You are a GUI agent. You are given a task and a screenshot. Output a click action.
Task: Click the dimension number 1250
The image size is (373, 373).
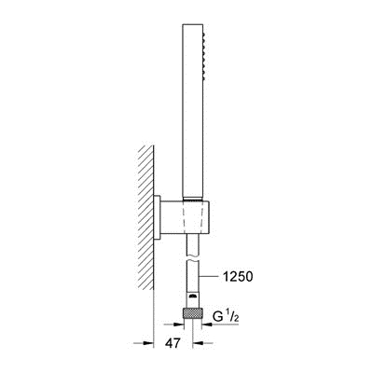[x=238, y=276]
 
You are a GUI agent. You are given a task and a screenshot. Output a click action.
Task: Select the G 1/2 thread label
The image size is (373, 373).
[x=226, y=317]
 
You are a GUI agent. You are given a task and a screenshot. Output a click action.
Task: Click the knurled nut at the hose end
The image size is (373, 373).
[x=193, y=312]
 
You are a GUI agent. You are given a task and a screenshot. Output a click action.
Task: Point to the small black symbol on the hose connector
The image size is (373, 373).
[x=193, y=296]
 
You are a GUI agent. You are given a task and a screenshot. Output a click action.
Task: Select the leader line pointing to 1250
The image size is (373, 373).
[x=209, y=276]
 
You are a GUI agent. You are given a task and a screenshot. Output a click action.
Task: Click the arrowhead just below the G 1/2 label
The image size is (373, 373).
[x=207, y=325]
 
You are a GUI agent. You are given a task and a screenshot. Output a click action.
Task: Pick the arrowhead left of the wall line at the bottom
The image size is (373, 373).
[x=149, y=343]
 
